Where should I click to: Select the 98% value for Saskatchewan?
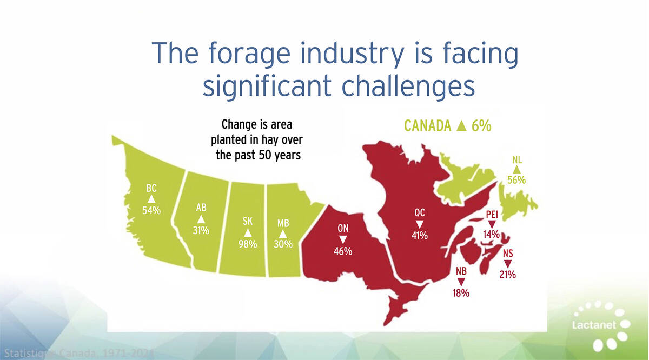tap(248, 244)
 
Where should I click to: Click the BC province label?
tap(151, 189)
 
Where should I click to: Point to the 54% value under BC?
tap(151, 210)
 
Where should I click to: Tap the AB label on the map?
tap(201, 208)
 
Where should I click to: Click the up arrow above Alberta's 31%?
tap(201, 219)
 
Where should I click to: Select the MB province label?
tap(283, 223)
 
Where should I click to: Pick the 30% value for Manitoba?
tap(283, 244)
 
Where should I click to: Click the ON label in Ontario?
tap(343, 229)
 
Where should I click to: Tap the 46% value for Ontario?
tap(343, 251)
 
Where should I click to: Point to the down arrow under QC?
tap(419, 224)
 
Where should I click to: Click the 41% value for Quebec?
tap(419, 236)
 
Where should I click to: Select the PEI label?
tap(492, 215)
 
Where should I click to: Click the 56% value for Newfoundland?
tap(516, 180)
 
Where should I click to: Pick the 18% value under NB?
tap(461, 294)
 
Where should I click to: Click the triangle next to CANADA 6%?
tap(461, 126)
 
